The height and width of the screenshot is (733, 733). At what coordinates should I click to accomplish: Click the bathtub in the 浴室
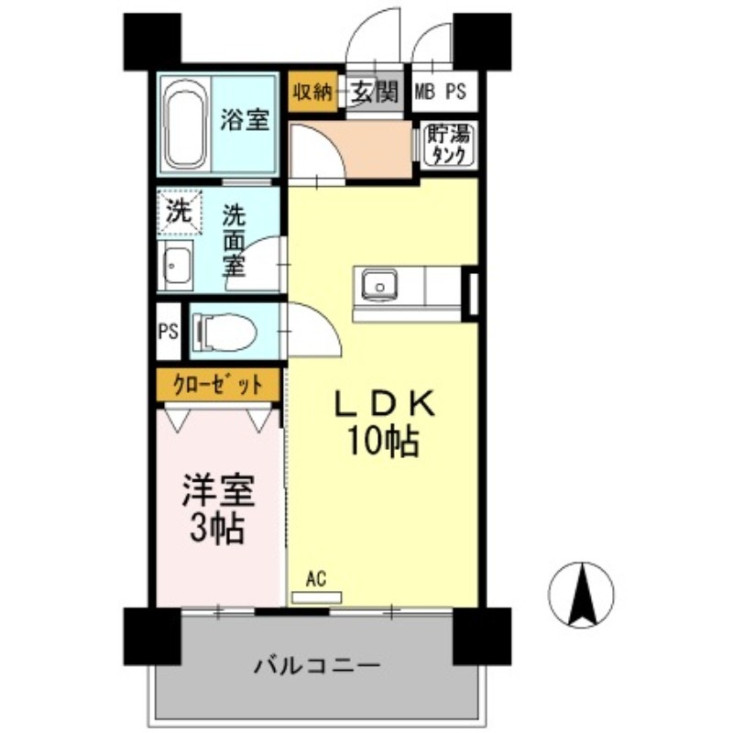186,124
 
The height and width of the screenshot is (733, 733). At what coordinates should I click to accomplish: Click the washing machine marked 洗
178,212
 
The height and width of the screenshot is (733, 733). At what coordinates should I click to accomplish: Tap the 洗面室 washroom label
235,241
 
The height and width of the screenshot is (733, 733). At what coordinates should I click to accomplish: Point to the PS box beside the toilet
168,331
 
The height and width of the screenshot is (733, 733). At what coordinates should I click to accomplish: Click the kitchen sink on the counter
377,285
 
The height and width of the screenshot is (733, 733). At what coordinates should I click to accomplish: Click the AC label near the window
316,579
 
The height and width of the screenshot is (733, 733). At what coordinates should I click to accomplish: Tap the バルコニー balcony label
316,664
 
